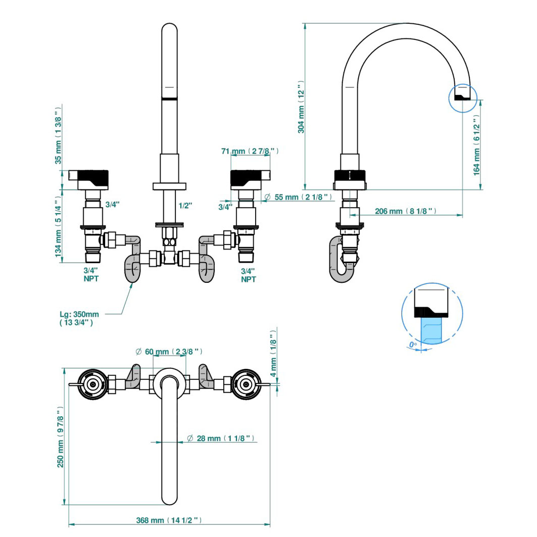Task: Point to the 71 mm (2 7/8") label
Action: (250, 151)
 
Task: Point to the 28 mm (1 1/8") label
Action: (224, 438)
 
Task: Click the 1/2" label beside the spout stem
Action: (185, 205)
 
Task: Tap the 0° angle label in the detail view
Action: (412, 346)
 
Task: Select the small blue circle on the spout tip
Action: (463, 96)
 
